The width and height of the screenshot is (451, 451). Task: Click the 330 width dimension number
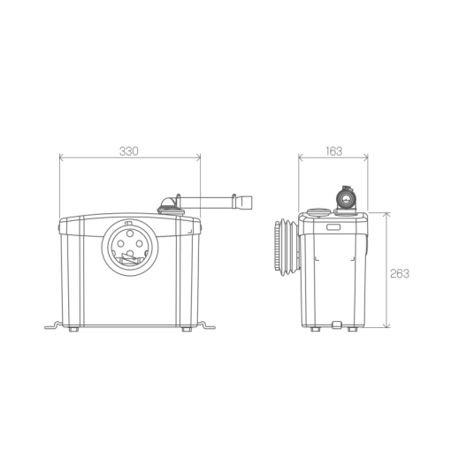[x=129, y=151]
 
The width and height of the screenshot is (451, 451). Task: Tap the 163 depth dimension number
[x=334, y=151]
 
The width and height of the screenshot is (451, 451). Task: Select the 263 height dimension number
[x=400, y=274]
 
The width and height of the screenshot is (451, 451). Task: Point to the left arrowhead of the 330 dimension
[x=62, y=157]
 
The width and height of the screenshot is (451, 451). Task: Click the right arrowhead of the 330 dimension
[x=198, y=157]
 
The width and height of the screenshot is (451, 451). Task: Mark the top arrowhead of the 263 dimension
[x=386, y=215]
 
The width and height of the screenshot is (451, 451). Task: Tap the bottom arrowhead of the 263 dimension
[x=386, y=325]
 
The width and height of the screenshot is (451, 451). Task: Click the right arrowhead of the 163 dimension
[x=365, y=157]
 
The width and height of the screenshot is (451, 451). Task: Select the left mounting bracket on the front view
[x=53, y=325]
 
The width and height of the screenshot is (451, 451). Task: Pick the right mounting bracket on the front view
[x=207, y=325]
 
